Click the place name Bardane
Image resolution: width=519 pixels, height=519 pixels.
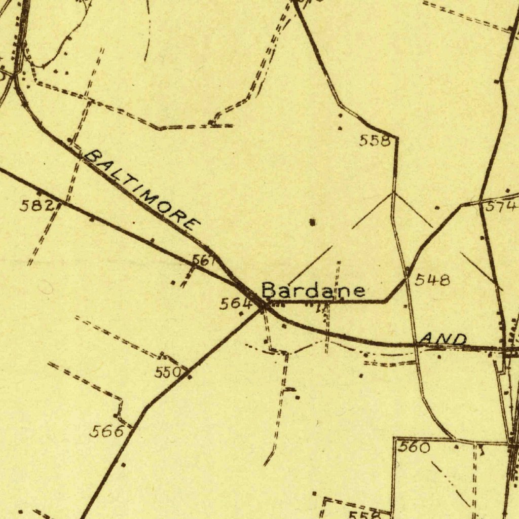[x=313, y=290]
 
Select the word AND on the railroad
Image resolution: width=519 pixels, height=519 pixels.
[x=444, y=339]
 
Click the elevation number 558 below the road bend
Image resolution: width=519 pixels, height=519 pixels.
[x=375, y=141]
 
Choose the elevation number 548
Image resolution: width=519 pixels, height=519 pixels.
[x=432, y=280]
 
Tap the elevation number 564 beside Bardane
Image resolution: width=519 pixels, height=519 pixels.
[x=236, y=304]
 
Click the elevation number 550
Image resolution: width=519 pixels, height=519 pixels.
[x=168, y=373]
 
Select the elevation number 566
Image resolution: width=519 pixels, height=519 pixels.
[x=106, y=431]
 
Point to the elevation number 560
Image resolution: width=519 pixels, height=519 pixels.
[x=414, y=447]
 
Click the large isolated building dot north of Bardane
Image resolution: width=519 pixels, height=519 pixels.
[x=313, y=221]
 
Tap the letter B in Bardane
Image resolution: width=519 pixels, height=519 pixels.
[x=269, y=290]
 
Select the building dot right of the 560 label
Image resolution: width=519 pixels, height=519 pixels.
[x=456, y=447]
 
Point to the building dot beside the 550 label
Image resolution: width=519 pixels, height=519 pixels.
[x=190, y=377]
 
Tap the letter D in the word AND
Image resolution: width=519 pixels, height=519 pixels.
[x=459, y=339]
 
